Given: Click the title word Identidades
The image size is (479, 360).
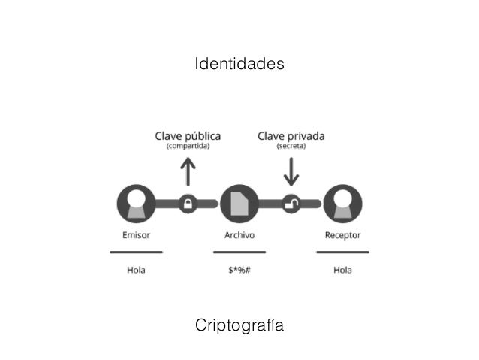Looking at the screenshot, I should (x=239, y=64).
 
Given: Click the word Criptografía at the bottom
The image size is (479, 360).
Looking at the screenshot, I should (x=239, y=326).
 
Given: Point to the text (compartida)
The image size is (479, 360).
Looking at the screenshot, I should (x=188, y=147).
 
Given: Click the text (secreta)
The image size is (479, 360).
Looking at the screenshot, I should (x=291, y=147).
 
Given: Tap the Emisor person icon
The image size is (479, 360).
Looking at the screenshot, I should (x=136, y=203).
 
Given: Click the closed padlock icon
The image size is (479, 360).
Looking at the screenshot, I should (x=188, y=203).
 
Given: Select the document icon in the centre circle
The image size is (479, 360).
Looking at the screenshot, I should (x=239, y=203).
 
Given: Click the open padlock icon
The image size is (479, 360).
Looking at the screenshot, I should (x=291, y=203).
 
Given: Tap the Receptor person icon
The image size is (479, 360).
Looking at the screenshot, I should (x=342, y=203).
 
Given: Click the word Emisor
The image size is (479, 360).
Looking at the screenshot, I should (x=136, y=235).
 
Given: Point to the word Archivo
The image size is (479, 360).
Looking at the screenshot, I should (x=239, y=235).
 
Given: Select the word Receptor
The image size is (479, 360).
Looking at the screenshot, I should (x=342, y=235).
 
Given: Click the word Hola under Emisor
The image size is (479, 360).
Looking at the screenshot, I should (x=136, y=271).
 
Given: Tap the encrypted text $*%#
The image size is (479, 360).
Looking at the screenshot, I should (x=239, y=271).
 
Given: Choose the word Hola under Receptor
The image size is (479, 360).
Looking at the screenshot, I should (x=342, y=271).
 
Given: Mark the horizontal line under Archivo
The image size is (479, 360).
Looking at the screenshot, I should (x=239, y=251).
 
